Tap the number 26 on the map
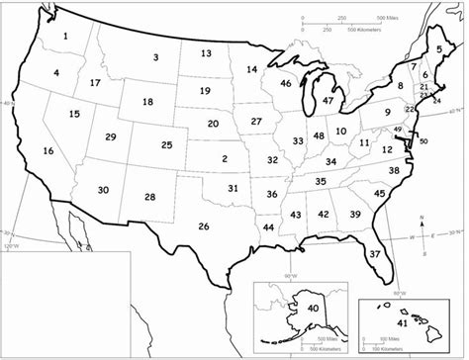tap(204, 226)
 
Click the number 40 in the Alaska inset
tap(313, 309)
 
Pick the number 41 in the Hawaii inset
tap(402, 323)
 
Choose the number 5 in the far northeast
tap(439, 48)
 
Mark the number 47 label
tap(328, 101)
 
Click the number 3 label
tap(155, 57)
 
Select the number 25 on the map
tap(166, 145)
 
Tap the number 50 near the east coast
tap(423, 141)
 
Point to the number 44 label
tap(269, 227)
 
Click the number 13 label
tap(206, 53)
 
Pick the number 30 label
tap(103, 190)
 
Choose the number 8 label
tap(401, 86)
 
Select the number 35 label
tap(321, 181)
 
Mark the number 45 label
tap(380, 193)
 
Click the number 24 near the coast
tap(438, 100)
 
